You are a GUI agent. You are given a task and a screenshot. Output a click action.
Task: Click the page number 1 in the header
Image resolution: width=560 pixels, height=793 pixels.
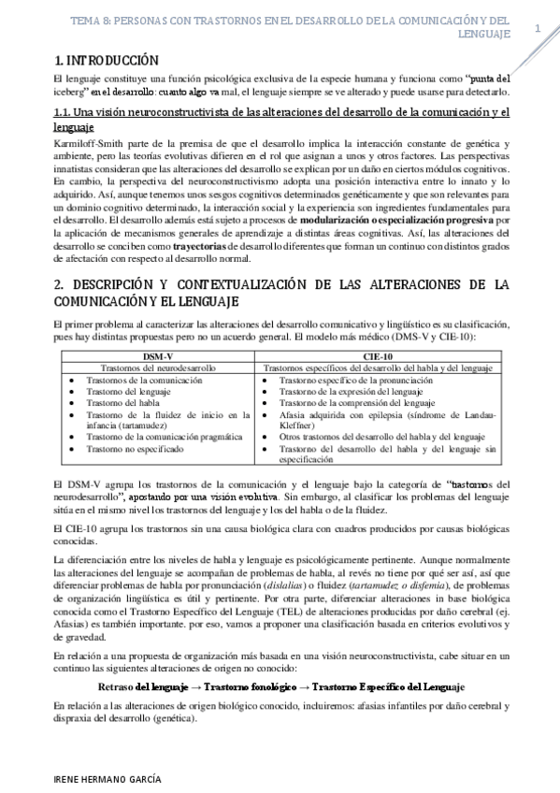point(538,29)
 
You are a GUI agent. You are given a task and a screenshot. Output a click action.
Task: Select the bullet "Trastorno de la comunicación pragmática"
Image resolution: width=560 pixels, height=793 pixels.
point(164,437)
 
